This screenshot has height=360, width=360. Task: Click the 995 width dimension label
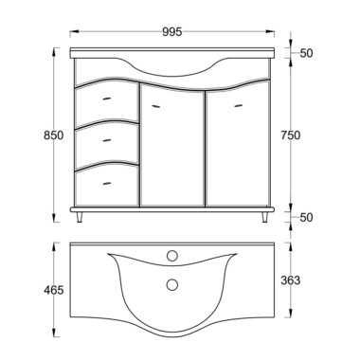pyautogui.click(x=172, y=31)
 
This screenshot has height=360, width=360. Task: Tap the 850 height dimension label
pyautogui.click(x=54, y=135)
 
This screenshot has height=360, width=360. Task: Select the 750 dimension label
pyautogui.click(x=291, y=135)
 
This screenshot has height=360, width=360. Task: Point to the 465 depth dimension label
pyautogui.click(x=54, y=290)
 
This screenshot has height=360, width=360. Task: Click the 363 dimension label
pyautogui.click(x=291, y=279)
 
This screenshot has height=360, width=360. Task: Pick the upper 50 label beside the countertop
pyautogui.click(x=306, y=53)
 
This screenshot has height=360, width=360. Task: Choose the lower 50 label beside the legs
pyautogui.click(x=306, y=217)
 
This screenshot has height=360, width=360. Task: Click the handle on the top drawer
pyautogui.click(x=107, y=99)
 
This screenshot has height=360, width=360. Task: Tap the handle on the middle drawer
pyautogui.click(x=107, y=140)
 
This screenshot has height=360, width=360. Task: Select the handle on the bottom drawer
pyautogui.click(x=107, y=183)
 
